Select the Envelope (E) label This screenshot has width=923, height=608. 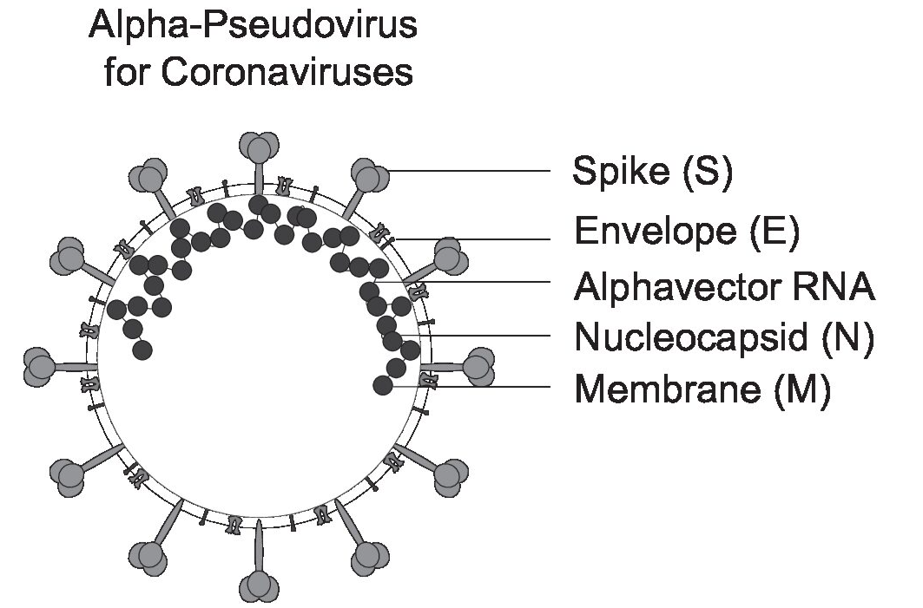[x=686, y=232]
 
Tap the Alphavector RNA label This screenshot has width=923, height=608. [x=723, y=285]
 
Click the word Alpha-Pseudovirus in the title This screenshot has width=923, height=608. [x=253, y=28]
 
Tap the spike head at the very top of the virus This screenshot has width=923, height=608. [x=260, y=146]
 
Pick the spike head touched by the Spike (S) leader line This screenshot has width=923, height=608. [x=371, y=175]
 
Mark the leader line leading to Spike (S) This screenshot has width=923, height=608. [x=469, y=171]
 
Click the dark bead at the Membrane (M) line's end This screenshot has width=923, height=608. [x=381, y=386]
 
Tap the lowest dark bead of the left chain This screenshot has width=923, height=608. [x=143, y=350]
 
